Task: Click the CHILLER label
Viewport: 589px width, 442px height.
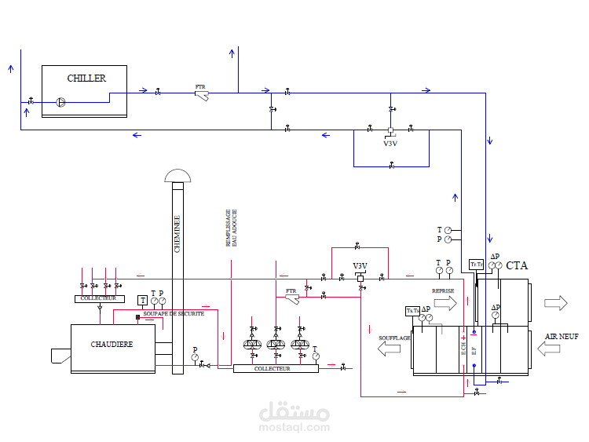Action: [86, 78]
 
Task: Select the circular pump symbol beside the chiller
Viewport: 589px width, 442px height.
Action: [61, 100]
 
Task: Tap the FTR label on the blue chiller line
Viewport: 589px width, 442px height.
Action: [200, 86]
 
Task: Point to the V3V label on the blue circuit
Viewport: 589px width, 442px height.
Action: [390, 144]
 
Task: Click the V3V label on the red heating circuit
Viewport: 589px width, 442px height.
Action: [360, 266]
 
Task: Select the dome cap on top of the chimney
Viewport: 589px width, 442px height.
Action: [177, 175]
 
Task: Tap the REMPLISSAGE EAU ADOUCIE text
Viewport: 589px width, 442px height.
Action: [231, 228]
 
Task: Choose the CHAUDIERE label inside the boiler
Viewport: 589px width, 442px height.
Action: [112, 344]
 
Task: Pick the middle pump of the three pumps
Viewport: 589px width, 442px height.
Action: [276, 344]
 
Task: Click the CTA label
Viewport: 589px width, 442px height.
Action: [517, 266]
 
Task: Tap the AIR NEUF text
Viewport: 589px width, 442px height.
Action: [562, 336]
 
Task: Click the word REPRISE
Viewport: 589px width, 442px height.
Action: [443, 290]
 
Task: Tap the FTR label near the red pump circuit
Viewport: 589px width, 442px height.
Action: [291, 290]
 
